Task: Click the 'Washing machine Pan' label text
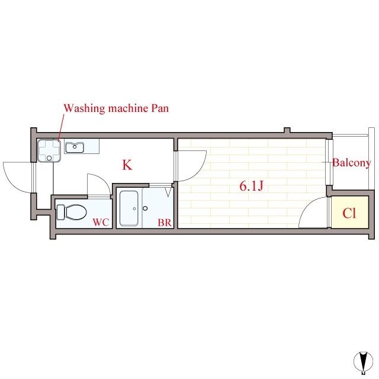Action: pos(116,108)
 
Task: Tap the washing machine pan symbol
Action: pos(48,150)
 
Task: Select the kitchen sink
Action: pos(75,147)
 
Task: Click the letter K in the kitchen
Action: pos(127,165)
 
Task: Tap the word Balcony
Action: pos(352,163)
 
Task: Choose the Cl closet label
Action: pos(349,214)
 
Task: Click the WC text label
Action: pos(101,223)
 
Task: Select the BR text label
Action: pos(164,223)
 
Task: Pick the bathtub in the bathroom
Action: pos(129,208)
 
